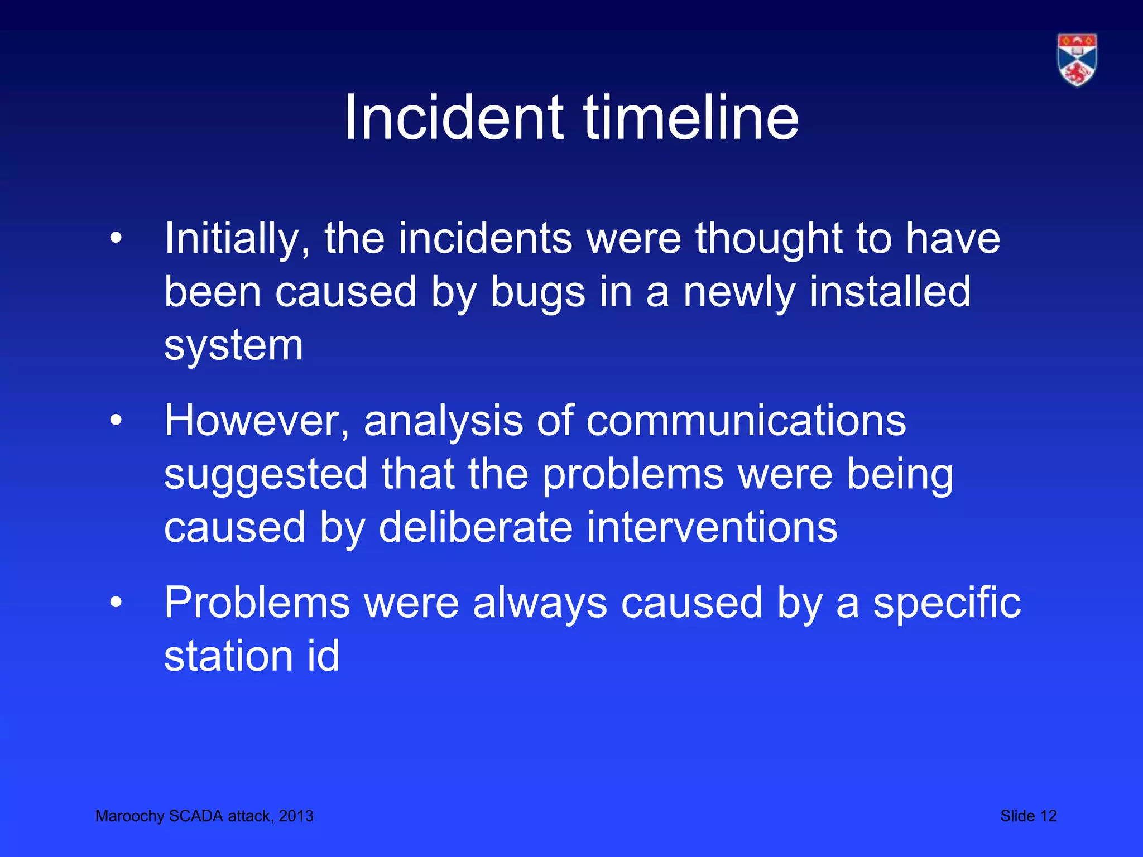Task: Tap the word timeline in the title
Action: [x=691, y=118]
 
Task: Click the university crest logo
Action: [x=1077, y=60]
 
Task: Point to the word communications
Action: [x=746, y=420]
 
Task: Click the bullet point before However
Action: [x=116, y=420]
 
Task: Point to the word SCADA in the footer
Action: [x=196, y=816]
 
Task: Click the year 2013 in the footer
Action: [x=296, y=816]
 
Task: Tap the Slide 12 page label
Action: [x=1029, y=816]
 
